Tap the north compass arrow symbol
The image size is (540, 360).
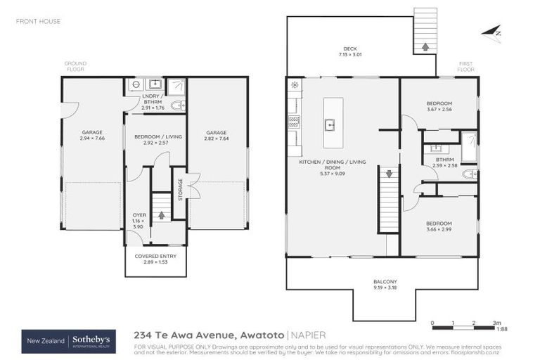coord(492,32)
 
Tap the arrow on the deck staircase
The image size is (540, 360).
coord(425,47)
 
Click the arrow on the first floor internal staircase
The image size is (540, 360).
coord(389,173)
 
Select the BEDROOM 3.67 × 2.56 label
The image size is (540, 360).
coord(439,105)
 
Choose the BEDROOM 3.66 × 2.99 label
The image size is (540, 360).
coord(439,226)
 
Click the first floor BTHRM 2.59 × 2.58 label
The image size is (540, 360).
coord(444,162)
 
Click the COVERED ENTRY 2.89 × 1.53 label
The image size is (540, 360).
coord(155,259)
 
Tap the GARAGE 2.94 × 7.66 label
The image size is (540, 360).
coord(93,136)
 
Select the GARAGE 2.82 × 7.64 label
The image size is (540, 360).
coord(217,136)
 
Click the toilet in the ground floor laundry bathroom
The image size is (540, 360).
coord(177,106)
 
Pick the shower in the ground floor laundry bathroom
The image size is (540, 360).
coord(176,86)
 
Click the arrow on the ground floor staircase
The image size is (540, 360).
coord(162,214)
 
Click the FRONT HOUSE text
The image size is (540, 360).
coord(38,21)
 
